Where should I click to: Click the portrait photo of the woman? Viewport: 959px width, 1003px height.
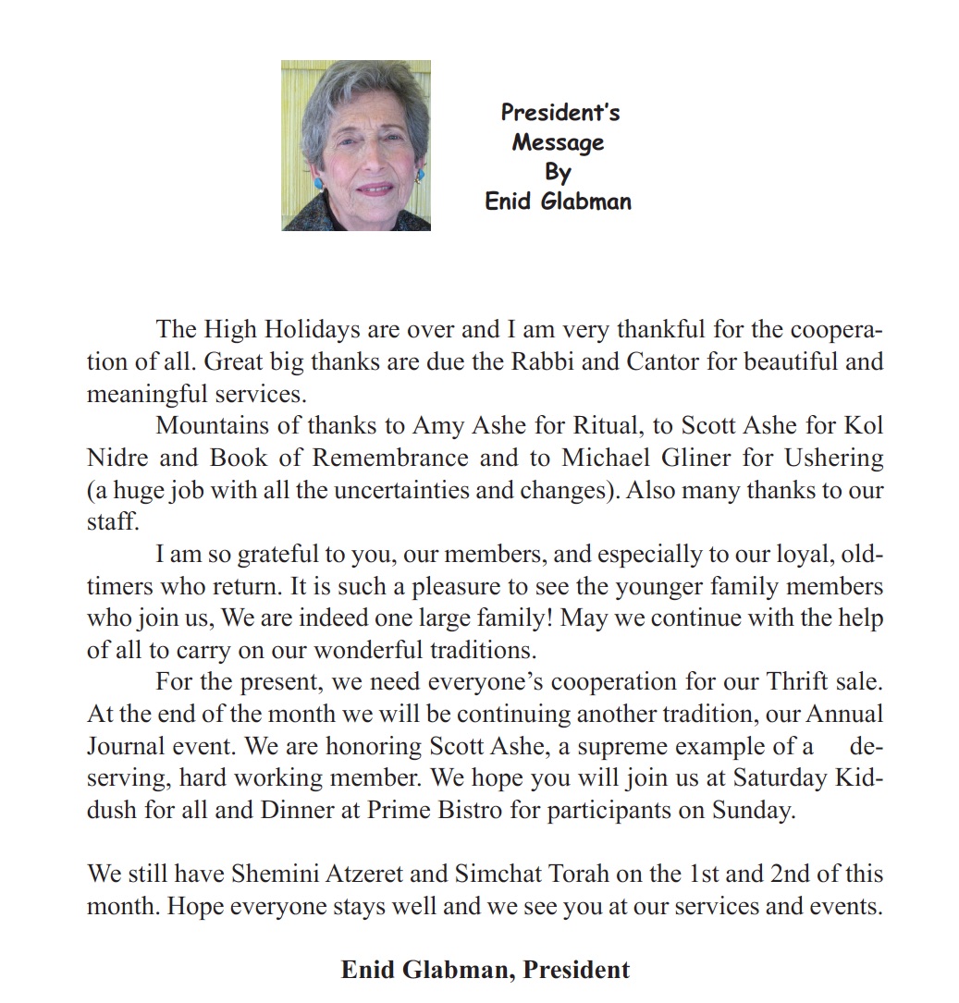356,145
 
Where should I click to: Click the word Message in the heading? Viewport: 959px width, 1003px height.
558,142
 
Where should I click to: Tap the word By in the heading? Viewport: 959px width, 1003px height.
558,172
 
